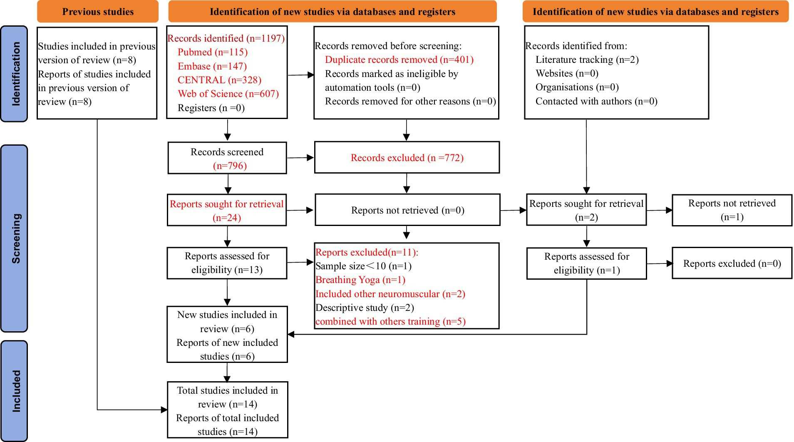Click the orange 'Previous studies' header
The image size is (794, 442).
point(98,12)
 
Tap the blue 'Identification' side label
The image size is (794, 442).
point(15,74)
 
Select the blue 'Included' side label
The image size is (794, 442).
point(15,391)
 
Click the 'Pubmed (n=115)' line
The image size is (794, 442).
point(212,52)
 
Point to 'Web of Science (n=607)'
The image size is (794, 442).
point(228,94)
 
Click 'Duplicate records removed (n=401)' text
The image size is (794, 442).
point(399,60)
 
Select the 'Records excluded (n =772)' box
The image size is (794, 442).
point(407,158)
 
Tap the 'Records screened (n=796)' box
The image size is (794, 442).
point(227,158)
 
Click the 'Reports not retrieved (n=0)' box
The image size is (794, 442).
point(407,210)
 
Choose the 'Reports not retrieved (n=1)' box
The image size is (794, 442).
point(732,210)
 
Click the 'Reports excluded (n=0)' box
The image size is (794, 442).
point(732,263)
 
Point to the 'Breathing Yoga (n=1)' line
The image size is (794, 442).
point(360,280)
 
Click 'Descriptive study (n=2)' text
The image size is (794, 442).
point(365,308)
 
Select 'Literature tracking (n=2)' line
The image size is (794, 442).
point(587,60)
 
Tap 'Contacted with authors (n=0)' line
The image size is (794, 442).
point(596,102)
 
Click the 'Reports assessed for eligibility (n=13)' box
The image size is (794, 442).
point(227,263)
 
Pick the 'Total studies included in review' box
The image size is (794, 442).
point(227,410)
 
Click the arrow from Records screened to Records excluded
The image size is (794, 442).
point(300,158)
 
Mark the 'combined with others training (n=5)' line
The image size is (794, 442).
point(390,322)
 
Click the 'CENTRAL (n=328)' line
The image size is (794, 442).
point(219,80)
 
